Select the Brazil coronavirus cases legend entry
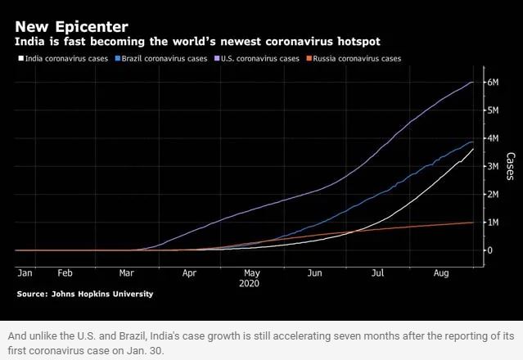(163, 59)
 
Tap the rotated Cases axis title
(511, 166)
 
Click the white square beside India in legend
(20, 59)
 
